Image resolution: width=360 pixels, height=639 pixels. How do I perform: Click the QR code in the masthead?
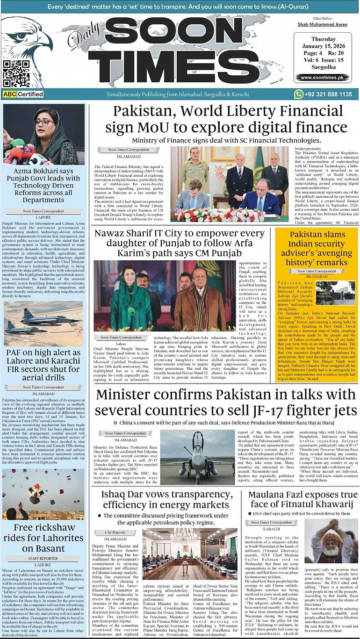pyautogui.click(x=13, y=73)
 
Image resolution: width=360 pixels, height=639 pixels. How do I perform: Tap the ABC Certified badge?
pyautogui.click(x=23, y=94)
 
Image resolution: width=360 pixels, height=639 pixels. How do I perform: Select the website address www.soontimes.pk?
pyautogui.click(x=322, y=78)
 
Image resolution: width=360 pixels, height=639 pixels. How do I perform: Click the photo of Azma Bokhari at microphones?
pyautogui.click(x=44, y=135)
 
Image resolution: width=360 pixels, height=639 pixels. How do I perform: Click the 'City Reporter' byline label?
pyautogui.click(x=115, y=532)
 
